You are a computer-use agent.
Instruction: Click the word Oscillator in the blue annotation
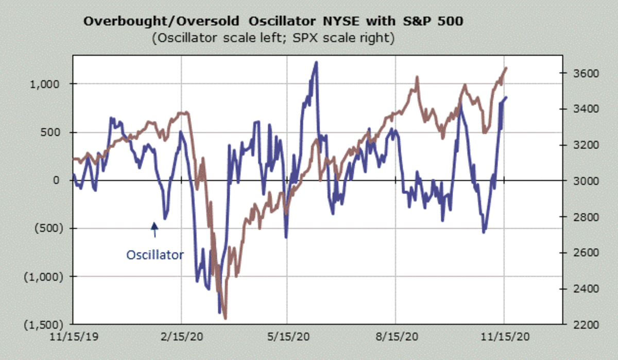point(154,254)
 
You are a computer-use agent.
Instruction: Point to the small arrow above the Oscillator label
point(154,229)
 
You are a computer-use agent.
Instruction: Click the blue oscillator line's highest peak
point(316,62)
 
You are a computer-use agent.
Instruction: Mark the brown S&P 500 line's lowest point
point(225,318)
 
